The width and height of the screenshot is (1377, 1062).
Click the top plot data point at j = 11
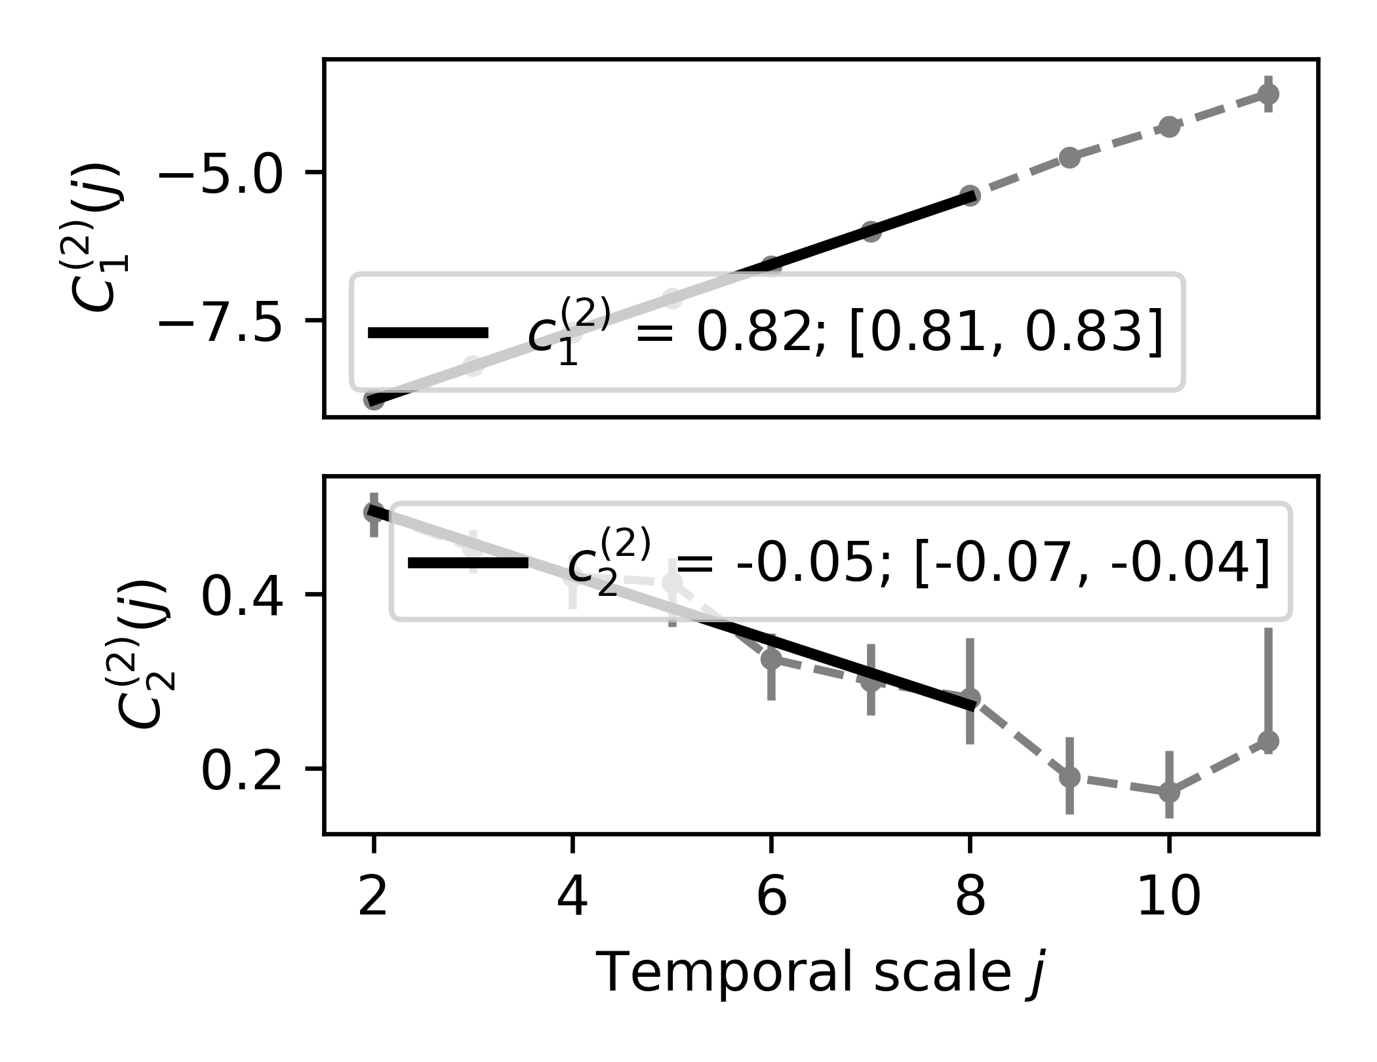pyautogui.click(x=1268, y=94)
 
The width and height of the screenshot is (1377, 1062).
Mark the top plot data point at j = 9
pyautogui.click(x=1069, y=157)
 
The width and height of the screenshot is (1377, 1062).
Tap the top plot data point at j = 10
pyautogui.click(x=1168, y=127)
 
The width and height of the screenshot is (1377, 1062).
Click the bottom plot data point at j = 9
pyautogui.click(x=1069, y=777)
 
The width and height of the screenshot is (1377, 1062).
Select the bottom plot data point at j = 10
pyautogui.click(x=1168, y=792)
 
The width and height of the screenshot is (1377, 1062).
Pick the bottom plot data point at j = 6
pyautogui.click(x=771, y=658)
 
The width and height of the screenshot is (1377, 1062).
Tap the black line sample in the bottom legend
pyautogui.click(x=468, y=562)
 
